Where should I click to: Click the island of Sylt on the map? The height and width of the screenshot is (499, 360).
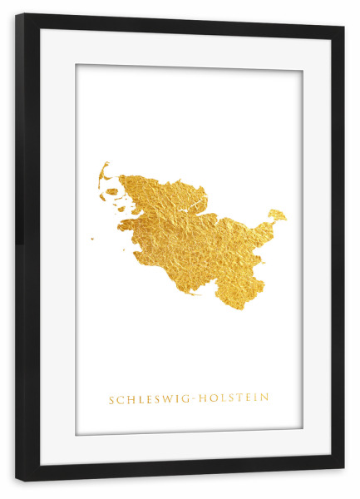pos(103,172)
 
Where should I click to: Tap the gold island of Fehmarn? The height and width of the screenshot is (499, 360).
pos(277,215)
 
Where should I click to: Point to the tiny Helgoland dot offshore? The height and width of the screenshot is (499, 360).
pos(92,239)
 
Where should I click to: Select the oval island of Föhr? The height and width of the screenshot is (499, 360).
pos(111,191)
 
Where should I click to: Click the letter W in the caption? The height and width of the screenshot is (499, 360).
pos(161,399)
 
